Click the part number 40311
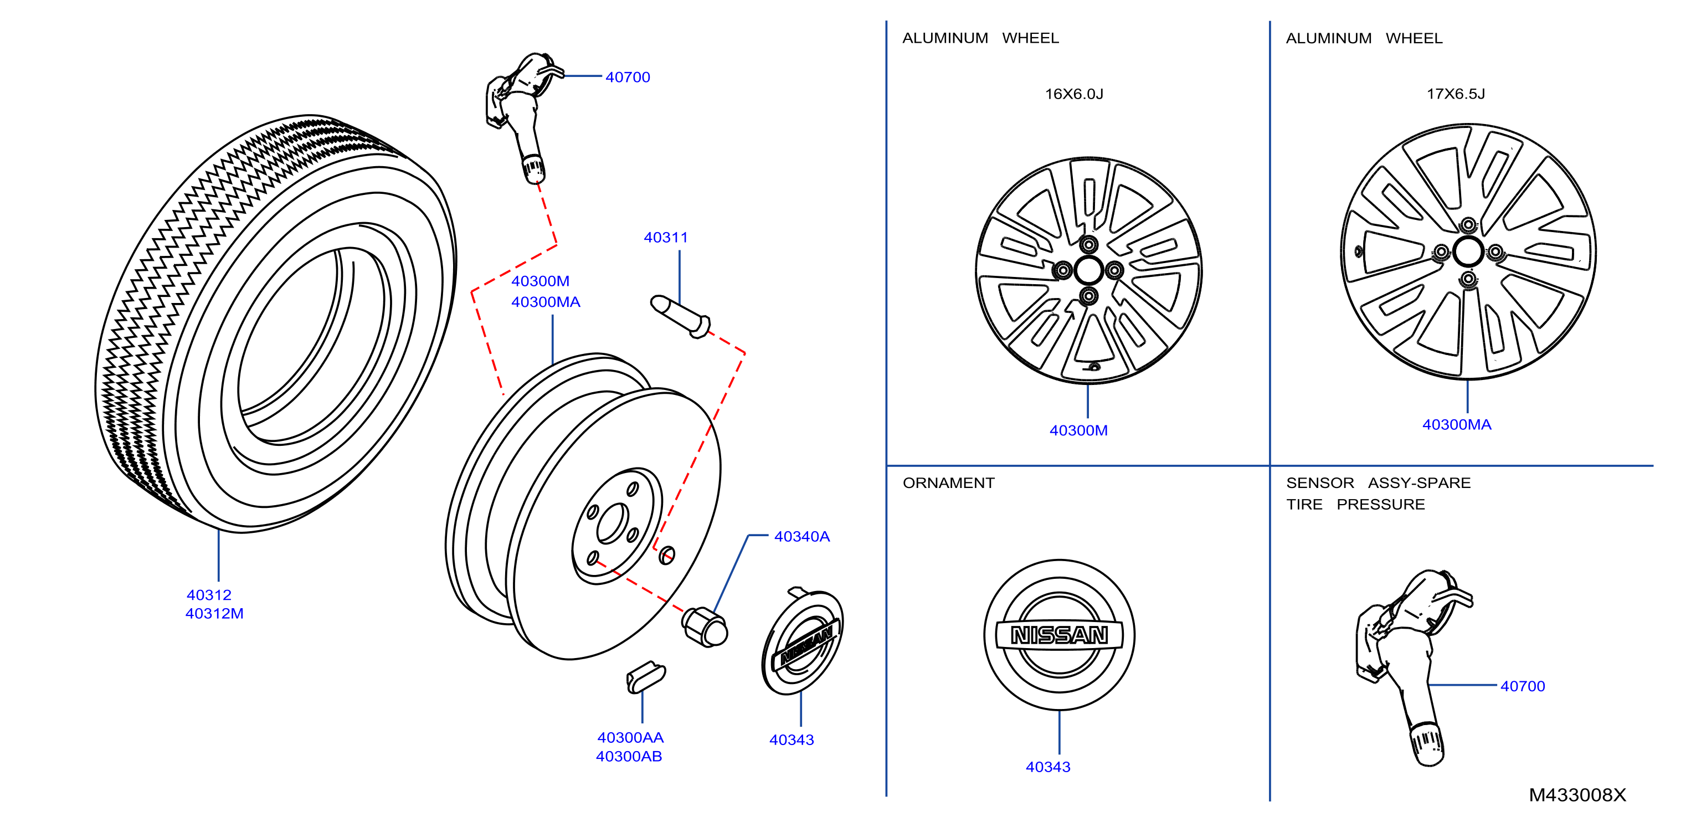pos(666,237)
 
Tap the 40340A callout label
pos(802,536)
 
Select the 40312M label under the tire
pos(215,613)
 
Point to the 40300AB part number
pos(629,756)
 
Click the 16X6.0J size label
pos(1074,94)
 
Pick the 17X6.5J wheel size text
pos(1456,94)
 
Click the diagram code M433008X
pos(1577,795)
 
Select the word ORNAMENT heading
pos(949,483)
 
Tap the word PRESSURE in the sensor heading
pos(1381,505)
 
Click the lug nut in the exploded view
pos(705,626)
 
